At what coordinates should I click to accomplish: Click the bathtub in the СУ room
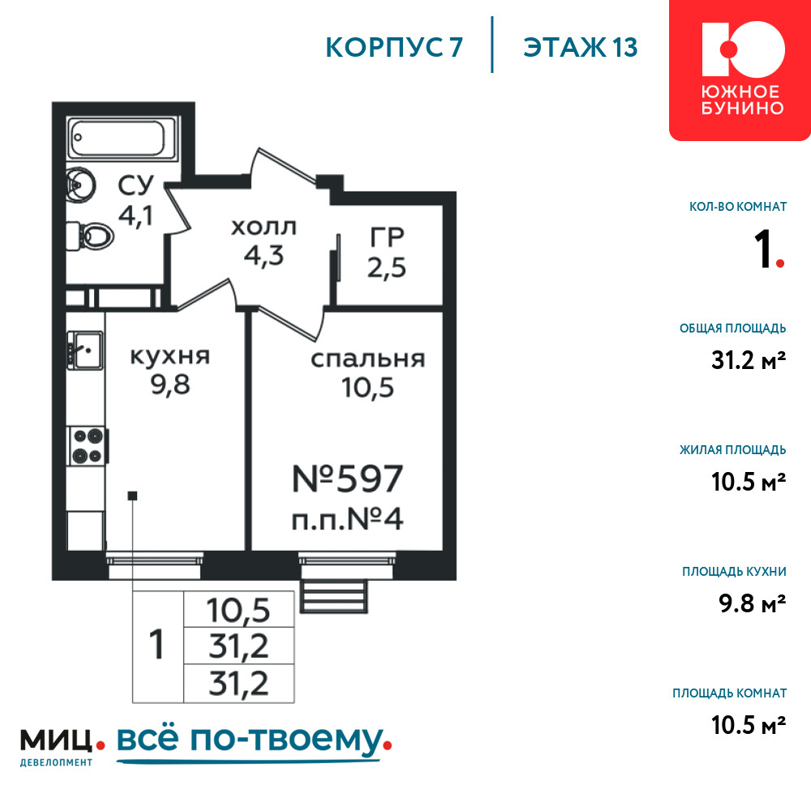[123, 138]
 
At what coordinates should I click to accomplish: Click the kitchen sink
[85, 350]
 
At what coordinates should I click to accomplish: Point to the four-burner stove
[88, 445]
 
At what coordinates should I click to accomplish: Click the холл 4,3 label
[264, 242]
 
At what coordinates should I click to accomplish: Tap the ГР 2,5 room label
[387, 252]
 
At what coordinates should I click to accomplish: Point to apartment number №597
[348, 479]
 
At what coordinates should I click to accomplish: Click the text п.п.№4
[348, 519]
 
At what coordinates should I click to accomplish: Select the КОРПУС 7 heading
[394, 48]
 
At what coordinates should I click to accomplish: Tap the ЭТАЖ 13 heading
[581, 47]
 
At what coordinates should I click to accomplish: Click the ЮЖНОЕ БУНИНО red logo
[740, 70]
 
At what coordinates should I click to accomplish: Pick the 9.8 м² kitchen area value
[753, 603]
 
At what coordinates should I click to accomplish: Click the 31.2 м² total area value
[749, 360]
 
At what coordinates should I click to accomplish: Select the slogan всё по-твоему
[254, 743]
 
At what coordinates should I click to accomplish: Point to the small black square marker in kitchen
[132, 496]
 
